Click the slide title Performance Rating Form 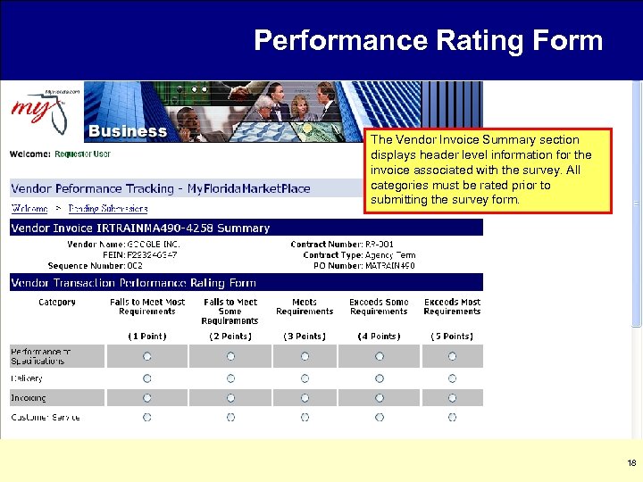[428, 40]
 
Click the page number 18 [631, 463]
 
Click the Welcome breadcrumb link [29, 208]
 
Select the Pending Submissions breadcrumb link [108, 208]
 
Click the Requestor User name [82, 154]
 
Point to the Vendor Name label [95, 244]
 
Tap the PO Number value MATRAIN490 [390, 265]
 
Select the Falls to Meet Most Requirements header [147, 307]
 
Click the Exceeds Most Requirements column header [452, 307]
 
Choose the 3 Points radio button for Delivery [305, 378]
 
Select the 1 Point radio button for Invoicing [147, 398]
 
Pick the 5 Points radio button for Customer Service [452, 417]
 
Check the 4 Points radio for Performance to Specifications [379, 356]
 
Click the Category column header [56, 303]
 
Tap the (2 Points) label [230, 337]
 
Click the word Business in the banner [127, 131]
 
